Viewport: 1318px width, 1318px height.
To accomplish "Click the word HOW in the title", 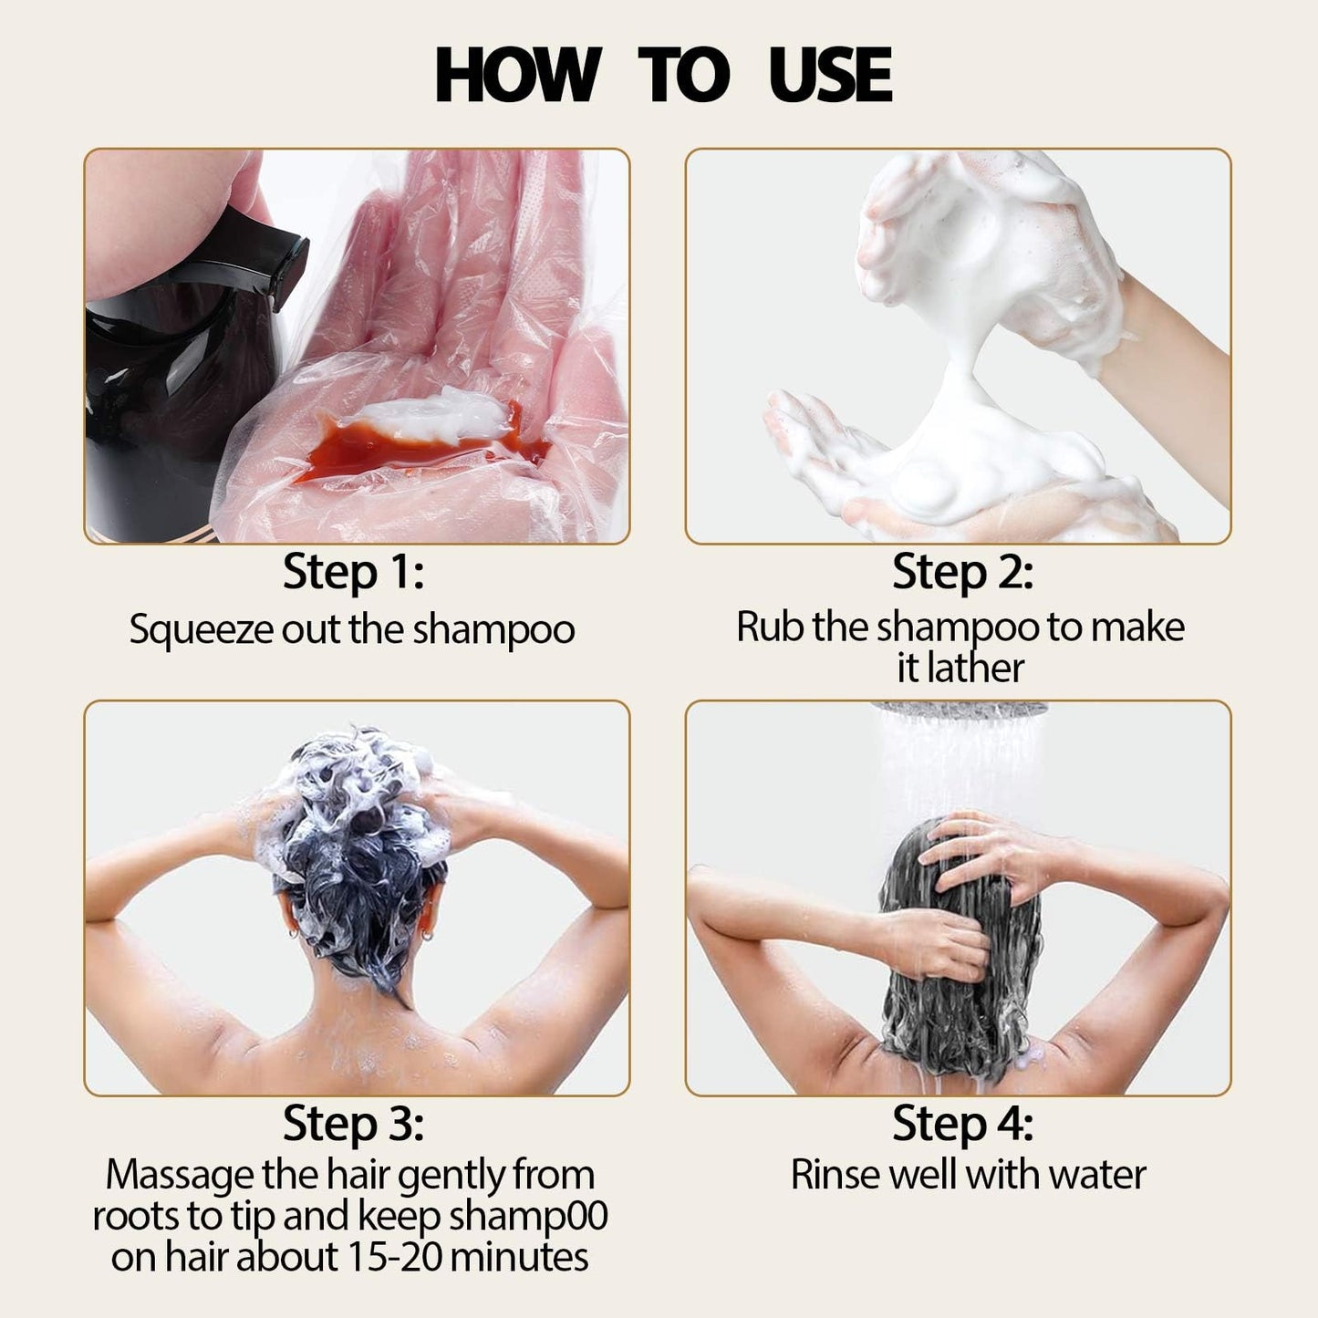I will pos(516,75).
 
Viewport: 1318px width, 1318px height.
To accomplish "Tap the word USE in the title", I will pos(829,75).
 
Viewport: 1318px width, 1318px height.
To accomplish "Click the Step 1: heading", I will pos(353,573).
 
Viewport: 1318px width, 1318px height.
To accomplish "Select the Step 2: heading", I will pos(962,573).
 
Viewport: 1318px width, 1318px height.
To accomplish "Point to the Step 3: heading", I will pos(353,1123).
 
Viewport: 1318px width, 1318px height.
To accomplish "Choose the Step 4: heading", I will pos(962,1123).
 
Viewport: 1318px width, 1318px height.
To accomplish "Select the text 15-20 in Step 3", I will pos(396,1257).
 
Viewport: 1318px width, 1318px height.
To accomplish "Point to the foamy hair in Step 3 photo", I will pos(356,803).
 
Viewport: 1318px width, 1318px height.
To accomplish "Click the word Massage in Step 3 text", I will pos(180,1175).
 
